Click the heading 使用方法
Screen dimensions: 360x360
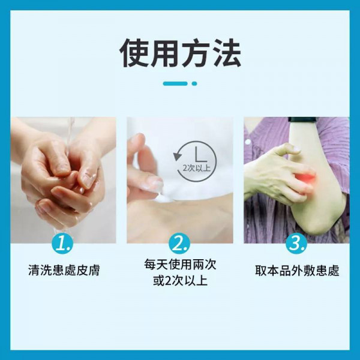tap(180, 53)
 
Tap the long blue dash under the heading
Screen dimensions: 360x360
tap(175, 83)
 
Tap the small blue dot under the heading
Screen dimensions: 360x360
tap(194, 83)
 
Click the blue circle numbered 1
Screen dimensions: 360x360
tap(62, 244)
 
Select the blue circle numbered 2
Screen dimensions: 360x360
tap(179, 244)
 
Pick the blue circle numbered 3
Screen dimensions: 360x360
tap(296, 244)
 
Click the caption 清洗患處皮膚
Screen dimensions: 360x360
tap(64, 270)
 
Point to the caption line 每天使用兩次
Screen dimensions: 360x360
tap(180, 264)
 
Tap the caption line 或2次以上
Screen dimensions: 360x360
tap(180, 281)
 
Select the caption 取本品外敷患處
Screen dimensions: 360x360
tap(297, 270)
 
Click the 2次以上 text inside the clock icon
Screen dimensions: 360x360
tap(197, 168)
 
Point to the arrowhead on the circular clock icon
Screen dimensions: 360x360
tap(177, 156)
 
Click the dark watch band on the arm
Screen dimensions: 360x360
tap(302, 119)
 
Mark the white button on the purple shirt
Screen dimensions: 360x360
tap(248, 142)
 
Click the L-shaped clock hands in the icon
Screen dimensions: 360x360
tap(200, 154)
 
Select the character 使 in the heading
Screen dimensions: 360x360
tap(134, 53)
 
